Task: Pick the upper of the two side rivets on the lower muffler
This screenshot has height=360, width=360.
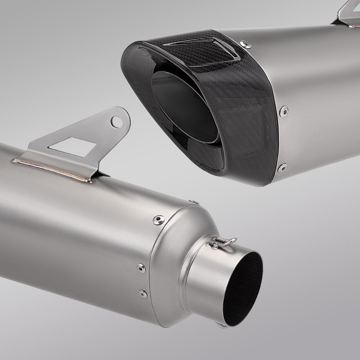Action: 141,267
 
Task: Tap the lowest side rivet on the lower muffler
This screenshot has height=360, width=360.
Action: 143,293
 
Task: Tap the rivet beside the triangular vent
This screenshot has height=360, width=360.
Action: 247,44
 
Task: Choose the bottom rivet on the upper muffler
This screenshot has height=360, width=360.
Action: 283,167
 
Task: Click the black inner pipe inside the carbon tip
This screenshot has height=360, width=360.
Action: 180,104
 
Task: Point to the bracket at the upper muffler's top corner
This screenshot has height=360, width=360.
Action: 346,14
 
